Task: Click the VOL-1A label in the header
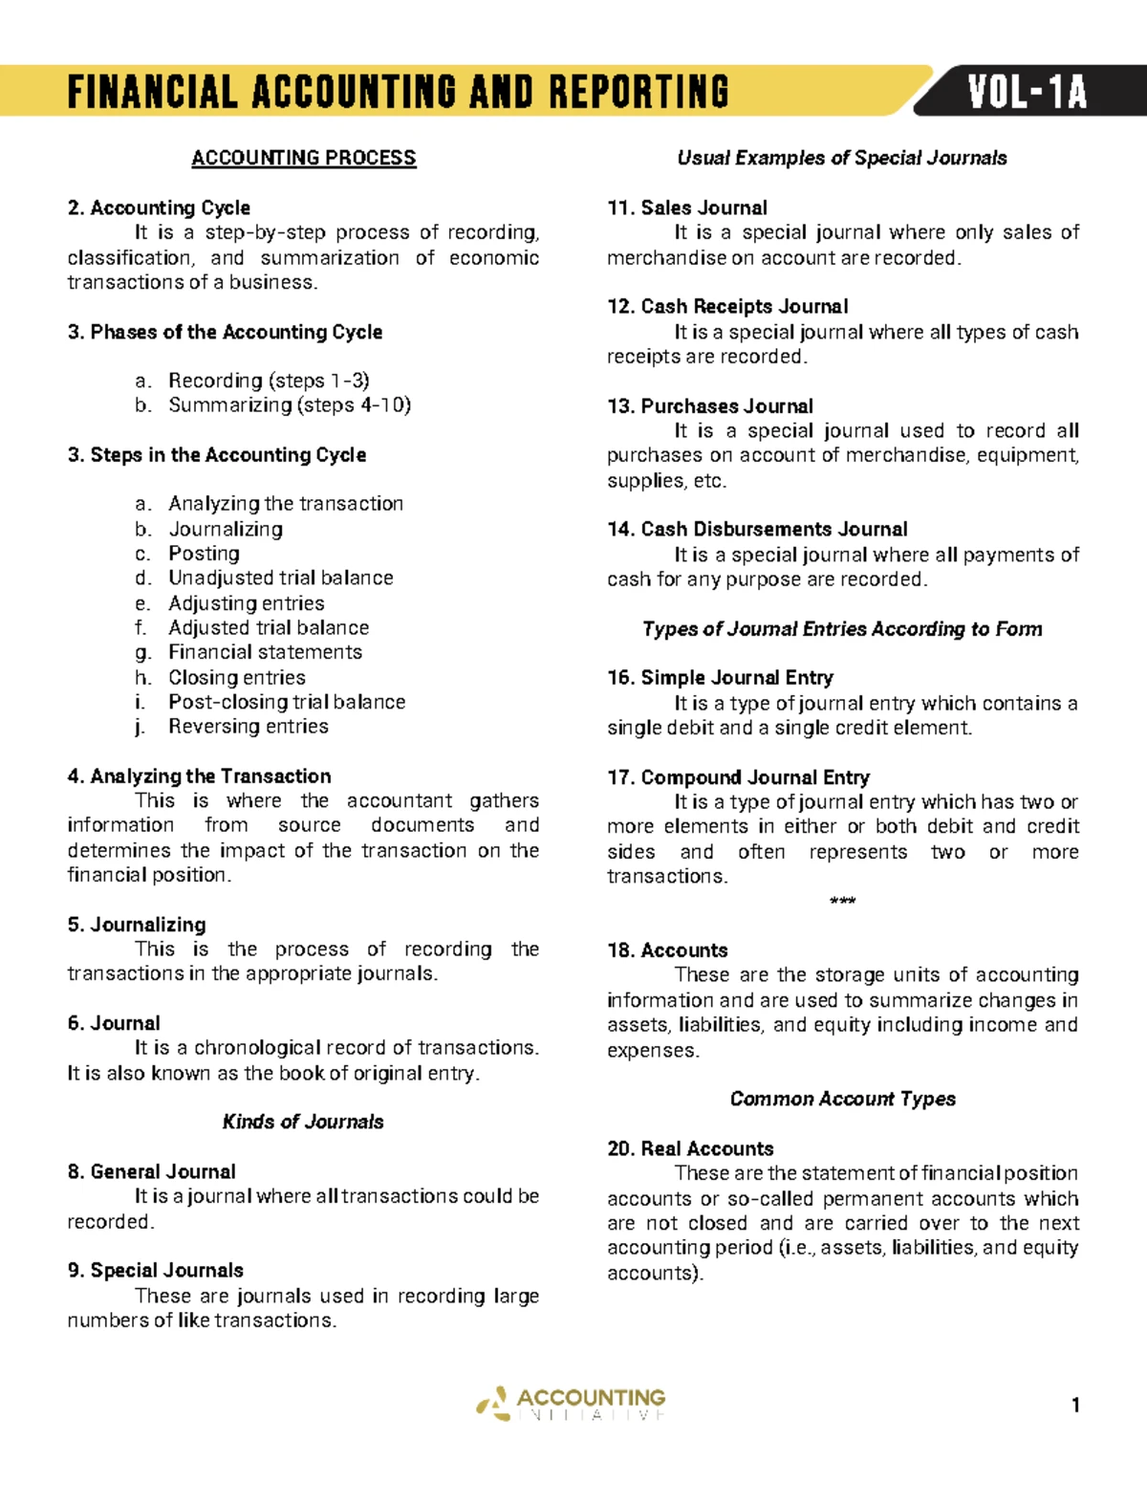pyautogui.click(x=1027, y=93)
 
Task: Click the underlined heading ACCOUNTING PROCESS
pyautogui.click(x=303, y=158)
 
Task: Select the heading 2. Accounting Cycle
pyautogui.click(x=159, y=207)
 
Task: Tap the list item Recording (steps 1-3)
pyautogui.click(x=269, y=381)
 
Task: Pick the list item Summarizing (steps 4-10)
pyautogui.click(x=290, y=405)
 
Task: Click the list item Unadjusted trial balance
pyautogui.click(x=280, y=578)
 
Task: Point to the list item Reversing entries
pyautogui.click(x=248, y=727)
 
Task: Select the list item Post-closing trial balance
pyautogui.click(x=287, y=702)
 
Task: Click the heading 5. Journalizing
pyautogui.click(x=137, y=925)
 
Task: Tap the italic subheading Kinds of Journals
pyautogui.click(x=303, y=1122)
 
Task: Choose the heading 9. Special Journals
pyautogui.click(x=155, y=1270)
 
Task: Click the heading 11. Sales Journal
pyautogui.click(x=687, y=207)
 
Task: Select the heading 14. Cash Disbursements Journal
pyautogui.click(x=757, y=529)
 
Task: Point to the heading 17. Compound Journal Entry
pyautogui.click(x=738, y=777)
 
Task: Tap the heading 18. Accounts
pyautogui.click(x=667, y=950)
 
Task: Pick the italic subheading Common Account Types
pyautogui.click(x=842, y=1099)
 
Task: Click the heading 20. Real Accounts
pyautogui.click(x=690, y=1148)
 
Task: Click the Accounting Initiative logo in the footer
pyautogui.click(x=572, y=1404)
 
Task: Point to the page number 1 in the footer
pyautogui.click(x=1075, y=1405)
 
